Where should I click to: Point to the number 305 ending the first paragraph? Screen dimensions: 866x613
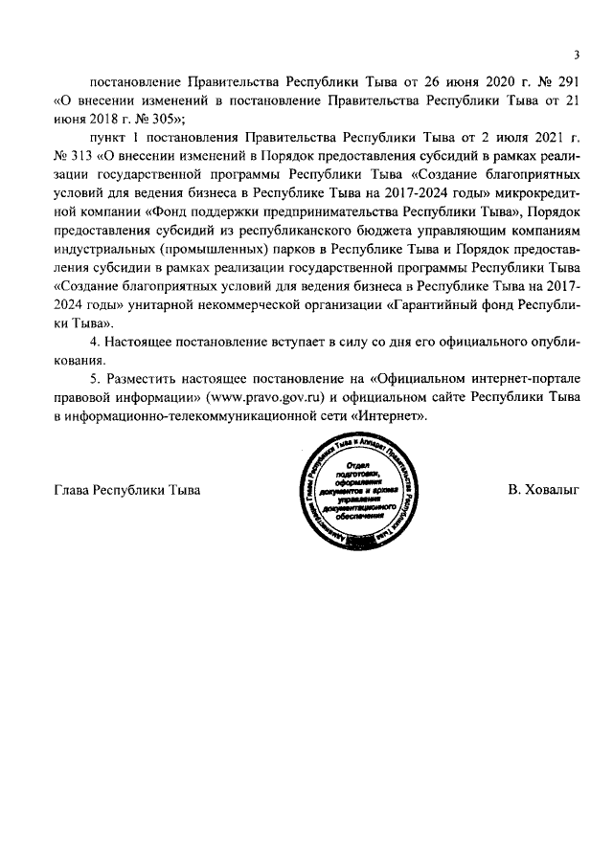156,119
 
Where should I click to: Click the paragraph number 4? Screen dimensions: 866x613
93,344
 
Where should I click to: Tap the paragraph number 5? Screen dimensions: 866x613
93,380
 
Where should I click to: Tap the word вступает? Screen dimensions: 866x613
293,344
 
